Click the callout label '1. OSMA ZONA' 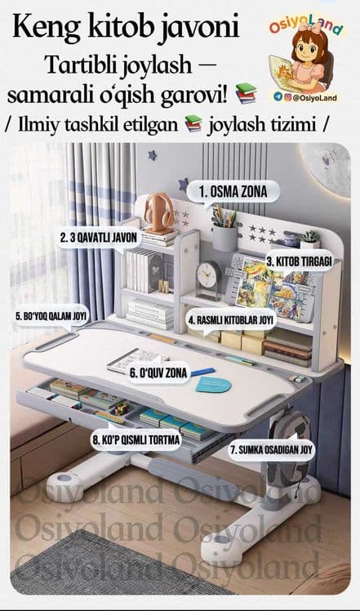(233, 192)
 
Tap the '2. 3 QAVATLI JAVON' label (100, 238)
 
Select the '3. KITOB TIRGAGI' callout (300, 262)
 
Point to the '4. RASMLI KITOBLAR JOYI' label (232, 320)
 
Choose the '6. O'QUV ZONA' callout (158, 373)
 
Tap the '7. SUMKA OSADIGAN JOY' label (271, 450)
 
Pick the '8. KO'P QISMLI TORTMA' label (136, 440)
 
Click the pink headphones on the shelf (159, 212)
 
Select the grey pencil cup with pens (224, 231)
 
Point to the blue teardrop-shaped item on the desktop (213, 385)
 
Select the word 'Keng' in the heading (38, 26)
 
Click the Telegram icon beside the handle (278, 97)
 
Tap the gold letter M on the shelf (164, 287)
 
